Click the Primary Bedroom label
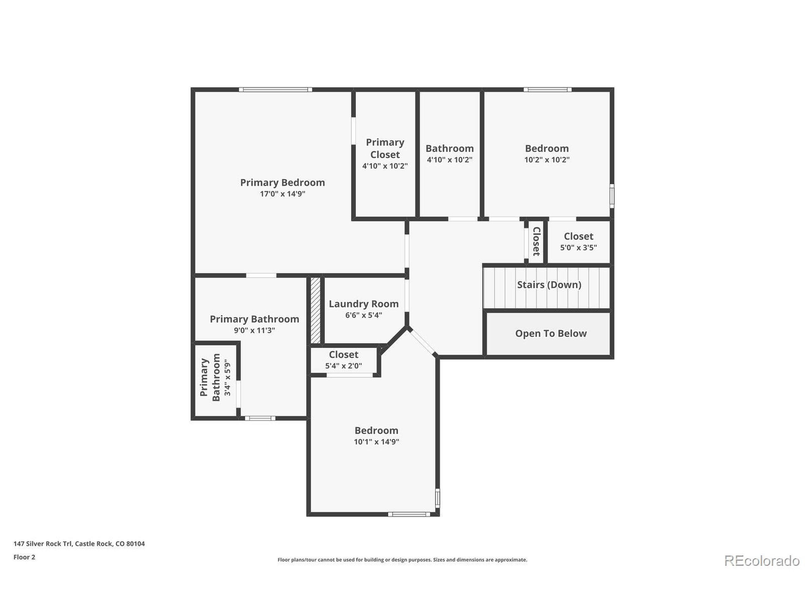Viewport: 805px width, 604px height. click(282, 182)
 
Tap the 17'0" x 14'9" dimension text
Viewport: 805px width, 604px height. click(282, 194)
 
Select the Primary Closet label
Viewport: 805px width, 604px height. click(385, 148)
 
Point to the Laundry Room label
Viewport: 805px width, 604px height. click(364, 304)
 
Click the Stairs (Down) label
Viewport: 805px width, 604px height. click(549, 285)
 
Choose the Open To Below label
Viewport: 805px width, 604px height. click(551, 333)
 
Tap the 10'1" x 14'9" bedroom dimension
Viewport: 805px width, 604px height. click(376, 442)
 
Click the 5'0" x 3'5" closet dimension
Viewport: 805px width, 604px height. click(579, 248)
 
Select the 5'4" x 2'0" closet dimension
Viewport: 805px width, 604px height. click(344, 366)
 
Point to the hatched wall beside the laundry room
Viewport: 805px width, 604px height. click(315, 310)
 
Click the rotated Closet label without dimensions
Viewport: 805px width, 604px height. click(536, 241)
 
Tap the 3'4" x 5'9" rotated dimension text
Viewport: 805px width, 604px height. click(227, 378)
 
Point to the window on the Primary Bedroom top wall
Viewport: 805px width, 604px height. click(275, 90)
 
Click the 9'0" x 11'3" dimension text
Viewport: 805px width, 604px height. click(254, 331)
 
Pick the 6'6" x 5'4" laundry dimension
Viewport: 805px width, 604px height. click(364, 315)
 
